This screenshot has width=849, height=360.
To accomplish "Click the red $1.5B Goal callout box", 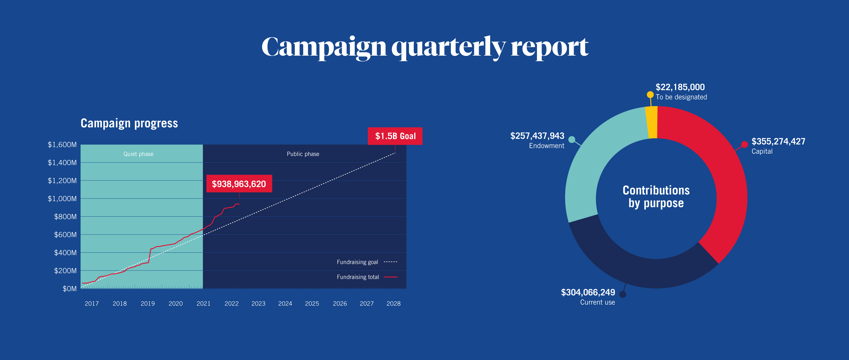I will [x=395, y=136].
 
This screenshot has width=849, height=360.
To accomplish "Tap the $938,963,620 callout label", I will [x=239, y=184].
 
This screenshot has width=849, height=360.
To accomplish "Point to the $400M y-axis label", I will [x=65, y=253].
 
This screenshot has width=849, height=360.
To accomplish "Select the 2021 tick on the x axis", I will [x=203, y=303].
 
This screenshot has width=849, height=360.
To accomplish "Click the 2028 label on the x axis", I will [x=393, y=303].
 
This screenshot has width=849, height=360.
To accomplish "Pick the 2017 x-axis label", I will [x=92, y=303].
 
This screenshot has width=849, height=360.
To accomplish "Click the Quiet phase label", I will [x=138, y=154].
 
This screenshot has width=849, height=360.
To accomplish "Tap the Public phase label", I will [x=303, y=154].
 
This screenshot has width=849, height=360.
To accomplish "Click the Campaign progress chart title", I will [x=129, y=123].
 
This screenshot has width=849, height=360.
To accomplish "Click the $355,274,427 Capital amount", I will [x=778, y=141].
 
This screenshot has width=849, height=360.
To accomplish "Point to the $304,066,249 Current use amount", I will [x=588, y=292].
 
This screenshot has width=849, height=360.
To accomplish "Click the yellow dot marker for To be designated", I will [x=650, y=94].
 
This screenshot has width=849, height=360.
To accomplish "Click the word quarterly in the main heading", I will [x=448, y=48].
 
